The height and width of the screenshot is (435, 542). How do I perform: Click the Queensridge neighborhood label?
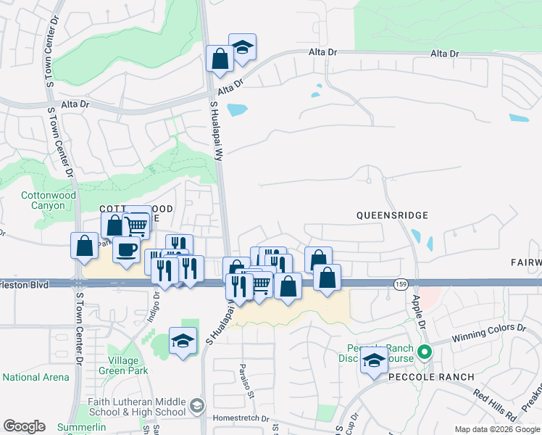(392, 215)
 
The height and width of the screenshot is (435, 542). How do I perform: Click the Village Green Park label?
(128, 365)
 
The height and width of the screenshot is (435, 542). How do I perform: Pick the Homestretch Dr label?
(241, 418)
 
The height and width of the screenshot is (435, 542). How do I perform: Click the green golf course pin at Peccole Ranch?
(425, 354)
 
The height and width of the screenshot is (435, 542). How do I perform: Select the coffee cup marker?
(127, 250)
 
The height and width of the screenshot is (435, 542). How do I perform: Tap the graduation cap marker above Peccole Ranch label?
(374, 360)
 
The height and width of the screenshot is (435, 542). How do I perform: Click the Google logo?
(24, 426)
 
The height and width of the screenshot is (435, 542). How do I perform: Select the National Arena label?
(36, 377)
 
